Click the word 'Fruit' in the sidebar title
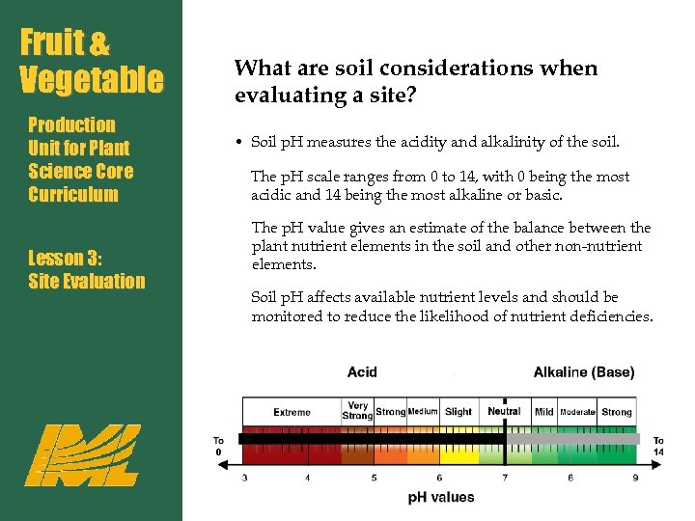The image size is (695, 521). (53, 43)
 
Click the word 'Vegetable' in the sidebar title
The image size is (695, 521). (92, 79)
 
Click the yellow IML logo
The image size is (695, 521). (82, 454)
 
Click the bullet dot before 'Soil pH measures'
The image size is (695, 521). (237, 143)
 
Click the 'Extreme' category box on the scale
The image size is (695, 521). (292, 412)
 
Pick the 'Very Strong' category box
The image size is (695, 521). (357, 411)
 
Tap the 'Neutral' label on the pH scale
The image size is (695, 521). (504, 411)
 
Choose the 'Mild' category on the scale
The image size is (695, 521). (544, 412)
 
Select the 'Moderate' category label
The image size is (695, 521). (577, 412)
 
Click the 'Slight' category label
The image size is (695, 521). (459, 412)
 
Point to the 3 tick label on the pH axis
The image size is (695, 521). (243, 478)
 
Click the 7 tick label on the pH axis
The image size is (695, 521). (506, 478)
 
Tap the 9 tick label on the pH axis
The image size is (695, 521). (634, 478)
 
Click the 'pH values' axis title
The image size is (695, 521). (441, 498)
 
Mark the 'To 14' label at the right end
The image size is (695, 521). (658, 447)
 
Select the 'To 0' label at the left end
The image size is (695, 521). (219, 447)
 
